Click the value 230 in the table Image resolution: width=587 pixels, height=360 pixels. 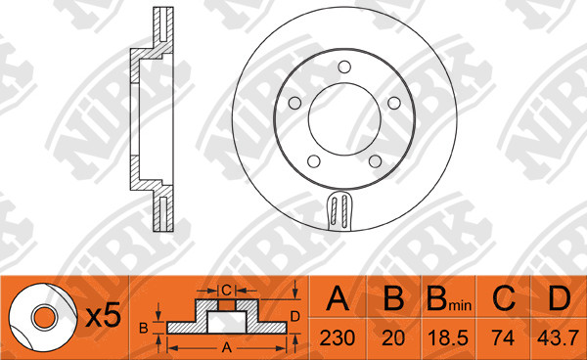(337, 337)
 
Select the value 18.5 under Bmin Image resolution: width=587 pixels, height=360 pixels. (448, 337)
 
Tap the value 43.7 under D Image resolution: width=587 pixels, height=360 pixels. (558, 337)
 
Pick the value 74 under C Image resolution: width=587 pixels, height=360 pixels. (503, 337)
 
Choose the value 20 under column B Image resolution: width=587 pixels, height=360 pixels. (393, 337)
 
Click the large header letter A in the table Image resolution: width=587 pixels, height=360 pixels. (338, 298)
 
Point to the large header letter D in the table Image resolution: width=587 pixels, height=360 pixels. (560, 298)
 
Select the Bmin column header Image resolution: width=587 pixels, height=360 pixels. (449, 299)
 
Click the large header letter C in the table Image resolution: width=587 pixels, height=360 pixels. (504, 298)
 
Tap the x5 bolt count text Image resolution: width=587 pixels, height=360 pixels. (104, 315)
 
